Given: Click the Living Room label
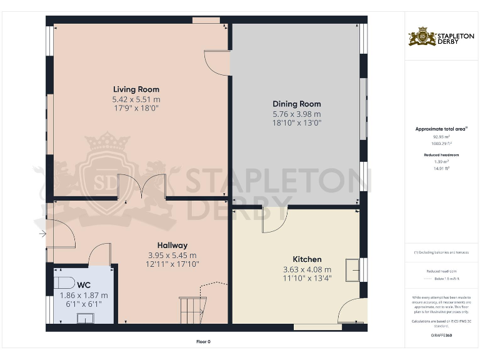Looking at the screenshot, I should click(x=136, y=89).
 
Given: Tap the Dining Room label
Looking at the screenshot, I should click(x=296, y=104).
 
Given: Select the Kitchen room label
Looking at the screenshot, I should click(x=307, y=259).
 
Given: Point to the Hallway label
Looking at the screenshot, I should click(x=172, y=245).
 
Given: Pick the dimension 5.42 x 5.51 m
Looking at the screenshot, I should click(x=136, y=99).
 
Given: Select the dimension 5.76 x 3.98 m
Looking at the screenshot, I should click(x=296, y=114).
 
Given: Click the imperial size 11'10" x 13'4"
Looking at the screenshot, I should click(x=307, y=279).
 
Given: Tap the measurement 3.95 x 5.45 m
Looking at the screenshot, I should click(x=172, y=255).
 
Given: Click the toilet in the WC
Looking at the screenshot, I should click(x=64, y=282).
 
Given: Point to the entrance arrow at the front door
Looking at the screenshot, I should click(x=42, y=234).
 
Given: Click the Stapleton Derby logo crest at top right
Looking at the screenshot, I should click(x=422, y=37).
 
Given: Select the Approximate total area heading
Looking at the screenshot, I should click(x=442, y=129).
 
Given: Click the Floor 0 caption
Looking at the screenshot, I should click(x=204, y=342).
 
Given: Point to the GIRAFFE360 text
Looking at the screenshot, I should click(x=442, y=336).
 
